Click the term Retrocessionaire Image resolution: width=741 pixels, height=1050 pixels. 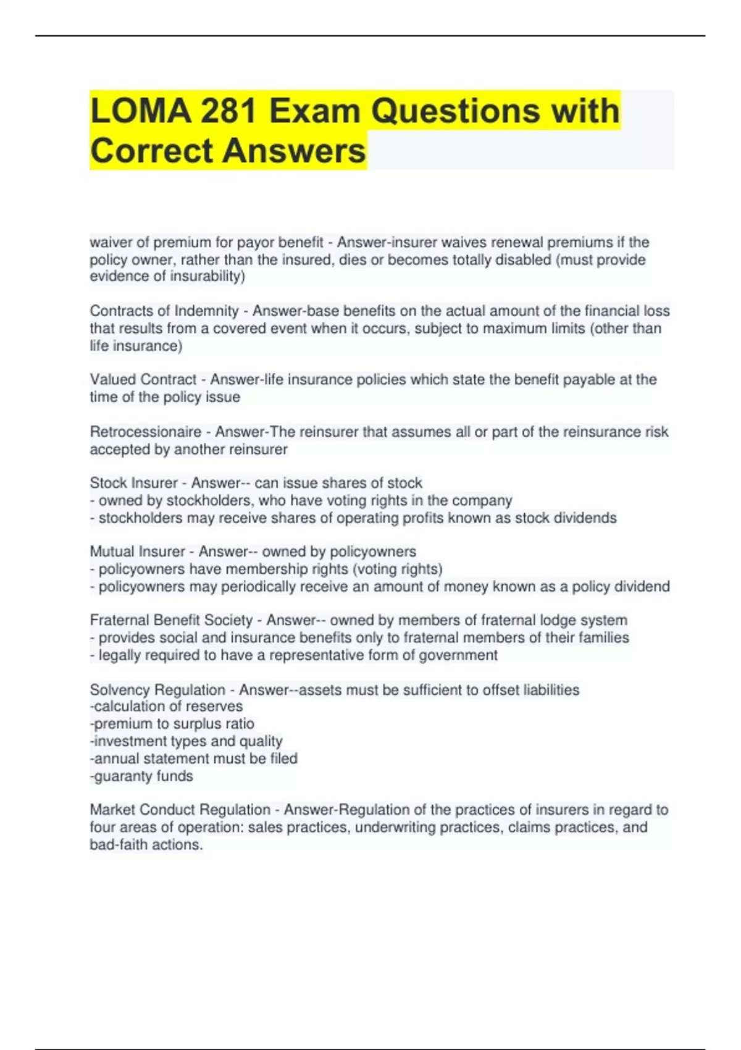tap(146, 432)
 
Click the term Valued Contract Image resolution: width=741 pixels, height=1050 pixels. tap(143, 379)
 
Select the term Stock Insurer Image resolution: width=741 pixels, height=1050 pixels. tap(134, 483)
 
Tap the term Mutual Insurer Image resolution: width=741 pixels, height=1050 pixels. tap(138, 552)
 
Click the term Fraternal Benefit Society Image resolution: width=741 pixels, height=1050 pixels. tap(172, 620)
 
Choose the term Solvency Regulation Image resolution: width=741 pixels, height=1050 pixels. tap(157, 689)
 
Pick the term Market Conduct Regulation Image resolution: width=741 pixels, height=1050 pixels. tap(180, 810)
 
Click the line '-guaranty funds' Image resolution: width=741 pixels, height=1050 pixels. tap(141, 776)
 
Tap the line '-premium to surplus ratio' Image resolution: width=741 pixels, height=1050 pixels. tap(172, 723)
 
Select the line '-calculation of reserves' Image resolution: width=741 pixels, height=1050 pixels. tap(166, 706)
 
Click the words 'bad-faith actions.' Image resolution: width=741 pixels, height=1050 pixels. tap(146, 844)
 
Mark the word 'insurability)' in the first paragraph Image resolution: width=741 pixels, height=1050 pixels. tap(207, 276)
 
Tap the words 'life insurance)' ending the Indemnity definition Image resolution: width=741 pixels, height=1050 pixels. tap(136, 345)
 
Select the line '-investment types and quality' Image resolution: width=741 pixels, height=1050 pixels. tap(186, 741)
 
